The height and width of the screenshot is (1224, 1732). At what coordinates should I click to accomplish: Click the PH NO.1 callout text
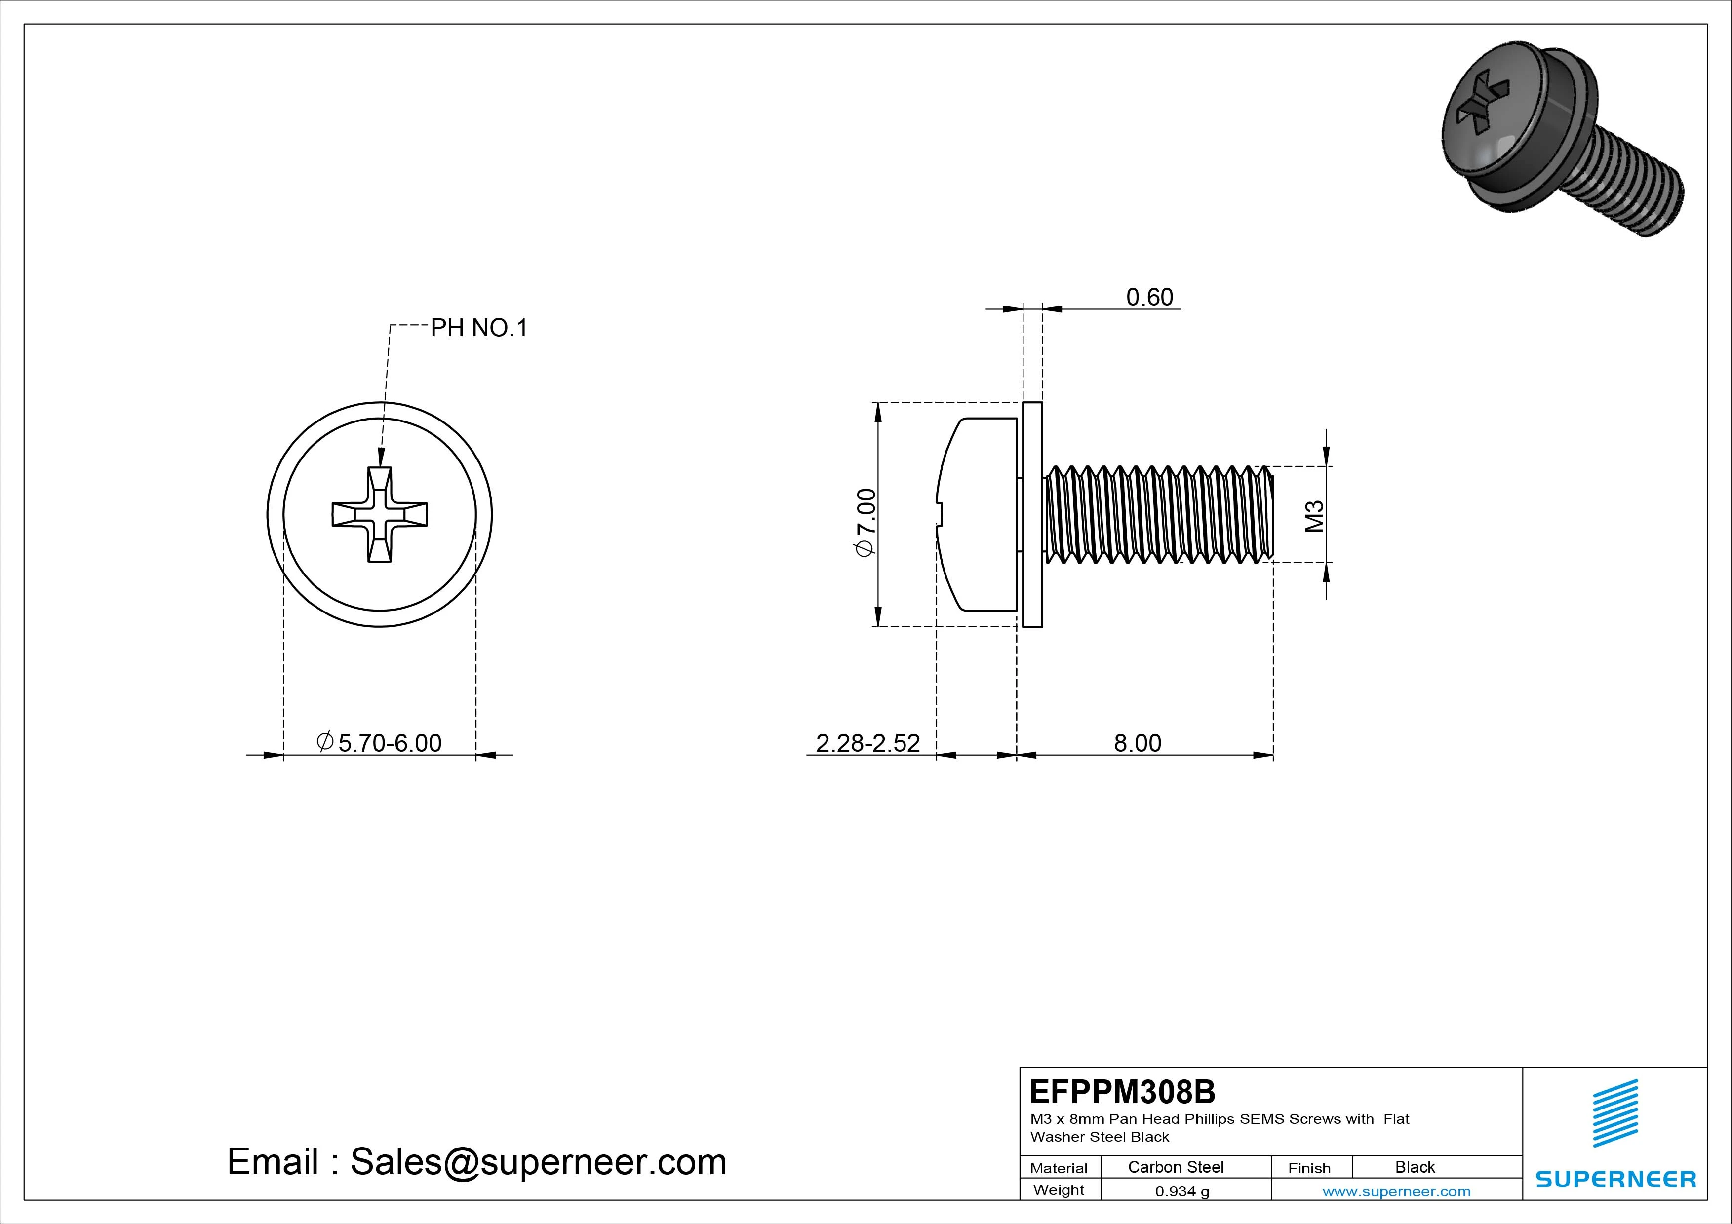click(x=478, y=328)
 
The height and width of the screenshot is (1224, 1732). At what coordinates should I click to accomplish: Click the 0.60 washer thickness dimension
click(x=1149, y=297)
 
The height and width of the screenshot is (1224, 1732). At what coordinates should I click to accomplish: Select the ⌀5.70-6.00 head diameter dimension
click(x=380, y=743)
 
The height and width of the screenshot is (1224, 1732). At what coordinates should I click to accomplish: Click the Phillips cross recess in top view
click(x=380, y=514)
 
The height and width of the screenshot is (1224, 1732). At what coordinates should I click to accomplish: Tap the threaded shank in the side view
click(x=1158, y=514)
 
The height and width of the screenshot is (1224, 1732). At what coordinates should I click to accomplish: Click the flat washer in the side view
click(x=1032, y=514)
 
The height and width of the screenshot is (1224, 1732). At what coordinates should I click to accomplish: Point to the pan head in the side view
click(x=977, y=514)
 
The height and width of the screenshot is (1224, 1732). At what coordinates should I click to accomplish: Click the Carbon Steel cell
click(x=1175, y=1167)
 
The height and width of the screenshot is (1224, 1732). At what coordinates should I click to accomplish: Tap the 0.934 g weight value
click(x=1181, y=1191)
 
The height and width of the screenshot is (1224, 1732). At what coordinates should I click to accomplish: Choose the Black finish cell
click(x=1415, y=1167)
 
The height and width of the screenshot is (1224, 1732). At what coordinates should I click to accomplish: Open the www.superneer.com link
click(x=1396, y=1191)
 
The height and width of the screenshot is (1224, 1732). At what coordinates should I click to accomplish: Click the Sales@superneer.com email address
click(x=538, y=1162)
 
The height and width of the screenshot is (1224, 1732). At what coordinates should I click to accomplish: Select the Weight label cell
click(x=1059, y=1190)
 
